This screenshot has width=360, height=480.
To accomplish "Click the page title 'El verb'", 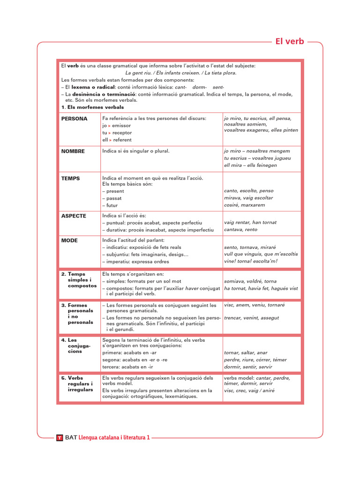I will click(289, 41).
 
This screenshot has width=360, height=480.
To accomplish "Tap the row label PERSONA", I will click(74, 119).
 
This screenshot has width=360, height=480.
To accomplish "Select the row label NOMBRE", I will click(73, 151).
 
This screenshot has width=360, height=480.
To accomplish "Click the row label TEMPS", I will click(70, 179).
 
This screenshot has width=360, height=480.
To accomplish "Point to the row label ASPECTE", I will click(74, 216).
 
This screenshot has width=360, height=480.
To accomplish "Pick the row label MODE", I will click(69, 240).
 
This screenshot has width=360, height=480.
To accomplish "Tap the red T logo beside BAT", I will click(59, 438).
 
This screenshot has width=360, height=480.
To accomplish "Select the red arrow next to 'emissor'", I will click(110, 126).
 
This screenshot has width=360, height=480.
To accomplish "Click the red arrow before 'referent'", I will click(110, 140).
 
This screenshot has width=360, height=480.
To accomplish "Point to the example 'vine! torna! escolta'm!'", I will click(250, 261).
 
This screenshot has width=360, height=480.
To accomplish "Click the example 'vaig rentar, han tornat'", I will click(250, 223).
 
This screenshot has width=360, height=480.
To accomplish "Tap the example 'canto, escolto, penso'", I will click(248, 191).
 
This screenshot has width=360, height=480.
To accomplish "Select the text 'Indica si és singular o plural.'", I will click(135, 151).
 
